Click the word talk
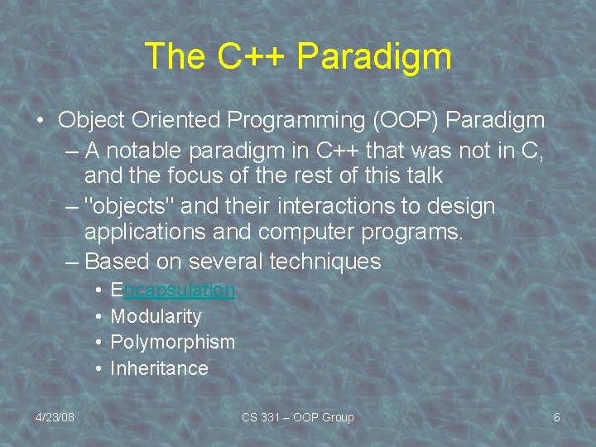(x=418, y=175)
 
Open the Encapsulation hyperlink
(x=172, y=290)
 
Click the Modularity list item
(x=156, y=316)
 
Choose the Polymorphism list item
(x=172, y=342)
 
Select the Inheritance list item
(x=159, y=368)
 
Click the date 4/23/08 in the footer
(x=55, y=417)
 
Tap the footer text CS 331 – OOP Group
(x=297, y=417)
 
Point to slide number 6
(x=556, y=417)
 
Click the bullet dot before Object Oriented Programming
(x=41, y=121)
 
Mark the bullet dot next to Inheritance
(x=98, y=368)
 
